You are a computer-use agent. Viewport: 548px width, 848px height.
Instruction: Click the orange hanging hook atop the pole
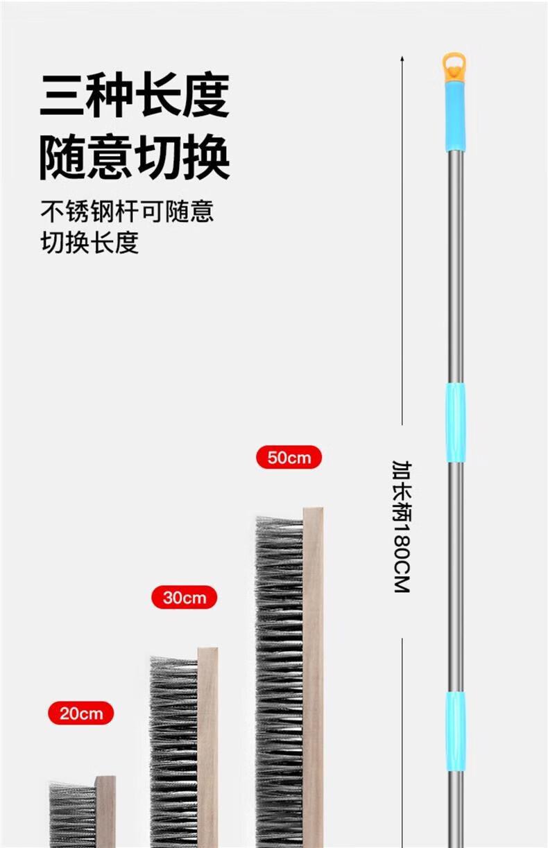(x=454, y=67)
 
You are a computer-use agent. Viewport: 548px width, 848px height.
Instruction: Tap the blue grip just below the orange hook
(x=454, y=116)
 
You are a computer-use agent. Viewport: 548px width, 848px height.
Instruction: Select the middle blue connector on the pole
(x=455, y=422)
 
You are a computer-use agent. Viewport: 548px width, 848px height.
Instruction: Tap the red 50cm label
(x=289, y=458)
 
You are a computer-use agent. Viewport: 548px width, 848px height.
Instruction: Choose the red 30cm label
(x=185, y=597)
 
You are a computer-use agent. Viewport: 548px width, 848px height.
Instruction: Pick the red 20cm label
(x=80, y=713)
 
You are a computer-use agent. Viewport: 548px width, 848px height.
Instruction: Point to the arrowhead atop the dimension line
(x=402, y=60)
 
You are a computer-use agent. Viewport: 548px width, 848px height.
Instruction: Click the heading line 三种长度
(x=134, y=95)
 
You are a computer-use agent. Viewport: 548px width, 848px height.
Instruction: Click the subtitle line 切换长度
(x=89, y=242)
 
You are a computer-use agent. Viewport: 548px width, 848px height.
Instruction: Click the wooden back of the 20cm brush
(x=105, y=811)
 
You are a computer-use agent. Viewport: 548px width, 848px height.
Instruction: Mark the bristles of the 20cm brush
(x=72, y=815)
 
